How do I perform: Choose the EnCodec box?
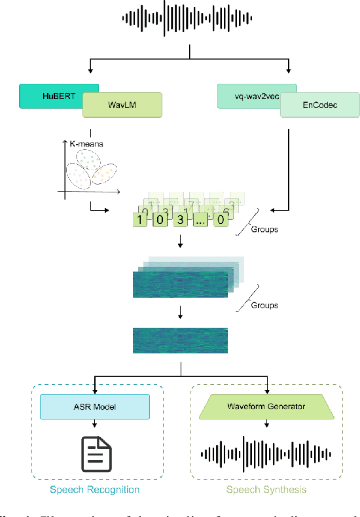coord(319,105)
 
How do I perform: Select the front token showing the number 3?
coord(179,219)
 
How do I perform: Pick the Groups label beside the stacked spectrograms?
coord(265,305)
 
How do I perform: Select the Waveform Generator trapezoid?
coord(266,406)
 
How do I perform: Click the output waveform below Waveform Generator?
coord(266,453)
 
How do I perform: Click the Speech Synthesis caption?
coord(266,489)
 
